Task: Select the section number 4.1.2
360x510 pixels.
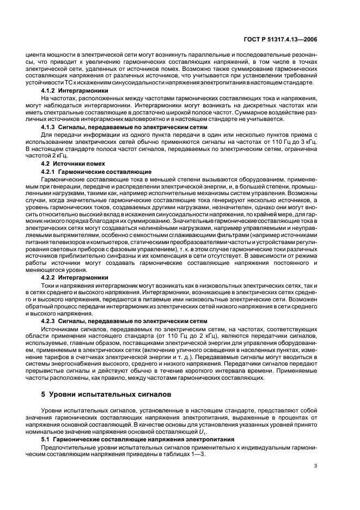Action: [50, 90]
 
